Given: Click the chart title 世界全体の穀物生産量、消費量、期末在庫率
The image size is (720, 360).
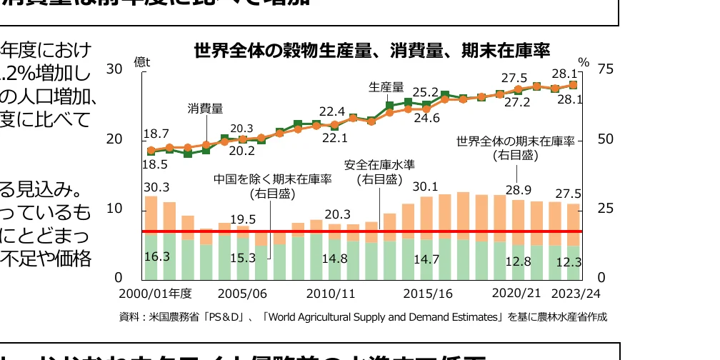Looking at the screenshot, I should pos(371,51).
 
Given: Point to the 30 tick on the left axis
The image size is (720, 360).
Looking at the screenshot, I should pos(114,69).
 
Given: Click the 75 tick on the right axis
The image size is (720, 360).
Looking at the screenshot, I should pos(606,69).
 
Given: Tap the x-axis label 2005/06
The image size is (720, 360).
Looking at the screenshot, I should pos(242,294).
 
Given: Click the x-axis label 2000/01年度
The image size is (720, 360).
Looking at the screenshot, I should pos(156,294).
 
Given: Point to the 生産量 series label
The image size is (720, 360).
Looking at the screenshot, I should pos(386,87).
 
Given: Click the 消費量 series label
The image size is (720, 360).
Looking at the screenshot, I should pos(205,109).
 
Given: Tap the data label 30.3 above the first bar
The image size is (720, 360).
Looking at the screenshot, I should pos(156,187).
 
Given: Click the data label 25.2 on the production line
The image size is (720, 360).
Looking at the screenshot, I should pos(426,92).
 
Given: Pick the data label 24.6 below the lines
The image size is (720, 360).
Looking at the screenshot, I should pos(426,119).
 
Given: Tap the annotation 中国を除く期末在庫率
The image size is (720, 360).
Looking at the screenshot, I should pos(273,179).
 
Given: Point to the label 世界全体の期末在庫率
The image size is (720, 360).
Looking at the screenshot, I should pos(515,141).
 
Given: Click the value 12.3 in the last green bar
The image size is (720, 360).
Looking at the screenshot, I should pos(569,263).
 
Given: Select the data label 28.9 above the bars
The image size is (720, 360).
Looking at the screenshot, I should pos(517,190).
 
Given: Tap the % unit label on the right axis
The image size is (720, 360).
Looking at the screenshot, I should pos(584,63).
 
